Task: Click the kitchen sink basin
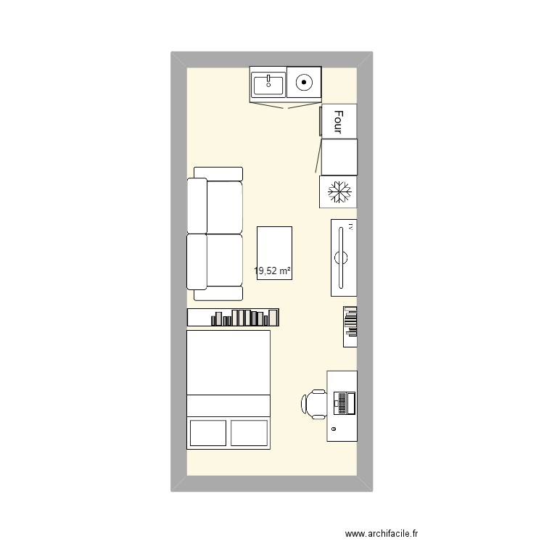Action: click(x=268, y=86)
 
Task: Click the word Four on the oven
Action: click(x=339, y=121)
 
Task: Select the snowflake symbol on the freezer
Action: click(x=339, y=192)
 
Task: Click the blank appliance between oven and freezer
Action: click(x=339, y=157)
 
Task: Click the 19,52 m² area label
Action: click(x=273, y=272)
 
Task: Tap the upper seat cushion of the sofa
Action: click(x=224, y=207)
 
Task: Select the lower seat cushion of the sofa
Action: click(x=224, y=260)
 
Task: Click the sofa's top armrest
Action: click(x=218, y=173)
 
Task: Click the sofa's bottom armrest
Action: click(x=218, y=294)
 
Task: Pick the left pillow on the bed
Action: click(x=208, y=432)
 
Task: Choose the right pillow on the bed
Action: click(x=250, y=432)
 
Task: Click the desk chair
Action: click(x=316, y=404)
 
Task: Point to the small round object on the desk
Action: click(x=334, y=430)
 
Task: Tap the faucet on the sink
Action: click(x=268, y=77)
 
